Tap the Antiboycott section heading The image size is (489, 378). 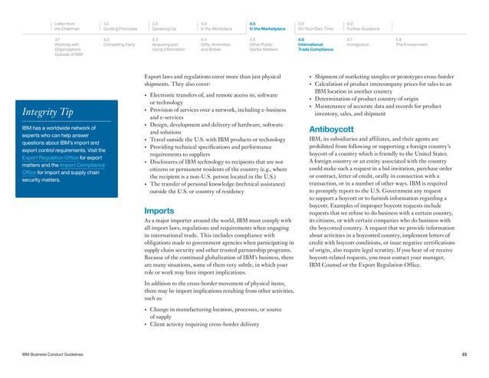(330, 128)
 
